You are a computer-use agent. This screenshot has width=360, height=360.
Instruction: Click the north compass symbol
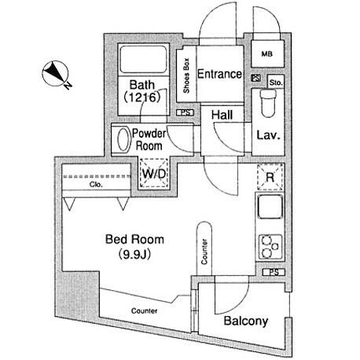(56, 74)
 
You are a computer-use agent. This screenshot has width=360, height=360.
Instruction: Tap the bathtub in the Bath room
(144, 60)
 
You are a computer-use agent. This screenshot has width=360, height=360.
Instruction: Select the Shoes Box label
(186, 75)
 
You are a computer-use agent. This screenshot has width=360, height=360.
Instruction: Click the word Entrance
(219, 74)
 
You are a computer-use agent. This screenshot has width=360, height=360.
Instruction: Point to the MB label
(267, 54)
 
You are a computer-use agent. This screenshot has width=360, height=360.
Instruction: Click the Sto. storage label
(276, 83)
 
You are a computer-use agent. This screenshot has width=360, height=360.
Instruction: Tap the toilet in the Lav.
(268, 103)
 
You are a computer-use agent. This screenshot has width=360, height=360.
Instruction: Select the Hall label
(222, 115)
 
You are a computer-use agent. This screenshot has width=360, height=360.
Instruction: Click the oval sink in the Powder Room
(123, 139)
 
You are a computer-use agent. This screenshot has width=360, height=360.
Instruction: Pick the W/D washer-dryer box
(154, 173)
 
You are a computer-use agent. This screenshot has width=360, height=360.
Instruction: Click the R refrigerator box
(270, 177)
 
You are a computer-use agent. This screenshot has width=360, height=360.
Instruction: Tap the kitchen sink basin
(270, 207)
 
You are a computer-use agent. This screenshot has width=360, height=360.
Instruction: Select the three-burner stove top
(270, 247)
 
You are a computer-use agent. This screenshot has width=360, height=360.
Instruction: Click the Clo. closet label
(96, 185)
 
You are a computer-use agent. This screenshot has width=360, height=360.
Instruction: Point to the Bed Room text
(134, 240)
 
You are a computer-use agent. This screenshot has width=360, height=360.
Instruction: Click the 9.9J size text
(134, 254)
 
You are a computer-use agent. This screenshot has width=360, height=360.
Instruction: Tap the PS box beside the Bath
(185, 112)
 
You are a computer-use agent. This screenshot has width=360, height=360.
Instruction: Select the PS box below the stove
(274, 272)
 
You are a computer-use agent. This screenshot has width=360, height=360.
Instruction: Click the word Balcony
(246, 321)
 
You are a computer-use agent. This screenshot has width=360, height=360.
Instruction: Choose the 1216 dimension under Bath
(141, 97)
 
